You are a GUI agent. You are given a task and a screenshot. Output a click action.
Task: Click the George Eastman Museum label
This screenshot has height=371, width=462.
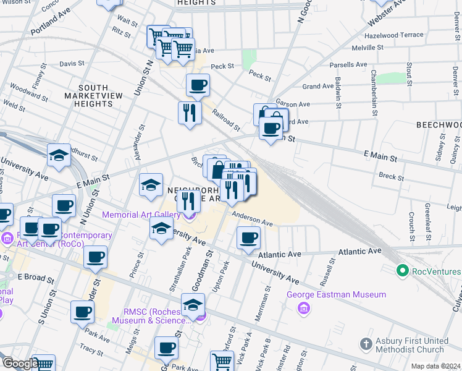[x=337, y=295]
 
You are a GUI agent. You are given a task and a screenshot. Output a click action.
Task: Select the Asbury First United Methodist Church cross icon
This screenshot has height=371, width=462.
[x=366, y=343]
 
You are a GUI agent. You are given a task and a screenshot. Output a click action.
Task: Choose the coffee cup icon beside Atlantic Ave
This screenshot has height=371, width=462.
[x=249, y=238]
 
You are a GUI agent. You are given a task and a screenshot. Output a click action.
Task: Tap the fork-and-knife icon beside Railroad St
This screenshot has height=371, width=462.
[x=190, y=113]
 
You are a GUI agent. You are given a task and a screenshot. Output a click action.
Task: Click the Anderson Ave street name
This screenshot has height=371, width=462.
[x=252, y=218]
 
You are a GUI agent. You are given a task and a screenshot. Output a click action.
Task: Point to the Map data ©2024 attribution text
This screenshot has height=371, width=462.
[x=435, y=366]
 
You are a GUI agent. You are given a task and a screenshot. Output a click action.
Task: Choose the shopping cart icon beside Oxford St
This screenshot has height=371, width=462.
[x=221, y=360]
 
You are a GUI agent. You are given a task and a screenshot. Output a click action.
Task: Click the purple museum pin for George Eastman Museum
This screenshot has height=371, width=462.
[x=303, y=308]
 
